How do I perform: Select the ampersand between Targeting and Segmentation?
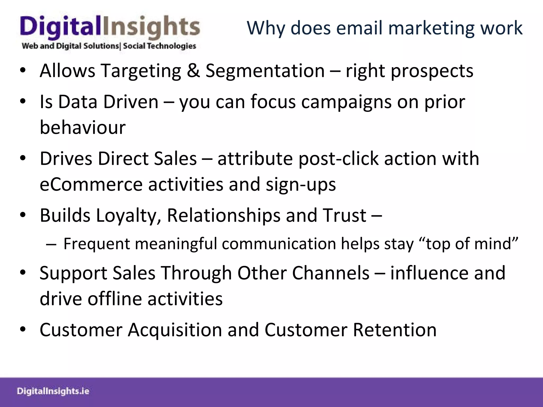click(x=193, y=71)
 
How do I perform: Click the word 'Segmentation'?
click(x=265, y=71)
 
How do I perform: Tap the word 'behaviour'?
click(x=82, y=127)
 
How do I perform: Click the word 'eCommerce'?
click(x=91, y=184)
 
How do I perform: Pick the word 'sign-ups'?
click(x=301, y=185)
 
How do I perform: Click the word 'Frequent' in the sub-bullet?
click(x=97, y=244)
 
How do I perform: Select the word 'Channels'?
click(x=331, y=273)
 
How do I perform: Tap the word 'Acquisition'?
click(x=175, y=330)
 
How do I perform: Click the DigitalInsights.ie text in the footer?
click(x=53, y=391)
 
